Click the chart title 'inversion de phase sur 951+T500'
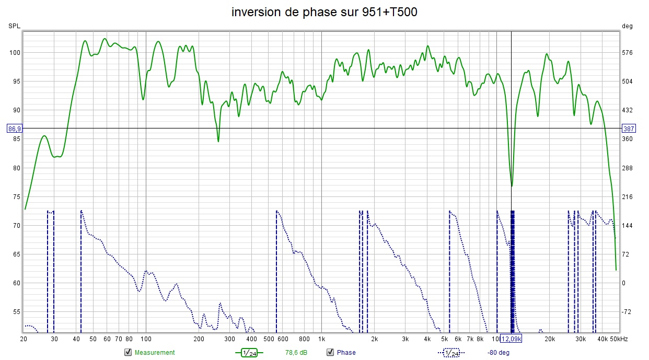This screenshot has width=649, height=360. pos(324,12)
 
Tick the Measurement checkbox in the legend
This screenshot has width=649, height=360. pos(128,352)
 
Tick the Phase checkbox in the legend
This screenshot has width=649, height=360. pos(330,352)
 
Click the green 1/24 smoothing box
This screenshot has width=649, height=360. pos(249,353)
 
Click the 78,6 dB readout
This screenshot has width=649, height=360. pos(296,353)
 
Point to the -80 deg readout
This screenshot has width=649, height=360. pos(498,353)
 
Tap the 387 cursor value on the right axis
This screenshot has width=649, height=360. pos(629,129)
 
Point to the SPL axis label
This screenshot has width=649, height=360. pos(14,26)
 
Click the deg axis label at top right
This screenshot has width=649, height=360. pos(627,26)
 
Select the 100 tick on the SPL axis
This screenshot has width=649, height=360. pos(14,52)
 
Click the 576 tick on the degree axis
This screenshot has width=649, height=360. pos(628,52)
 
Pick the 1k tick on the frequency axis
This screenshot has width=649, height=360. pos(321,339)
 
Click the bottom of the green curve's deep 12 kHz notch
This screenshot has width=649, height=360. pos(512,186)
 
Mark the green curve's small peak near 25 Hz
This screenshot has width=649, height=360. pos(44,136)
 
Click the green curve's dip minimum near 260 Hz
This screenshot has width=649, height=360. pos(218,141)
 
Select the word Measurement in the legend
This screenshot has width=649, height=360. pos(155,353)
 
